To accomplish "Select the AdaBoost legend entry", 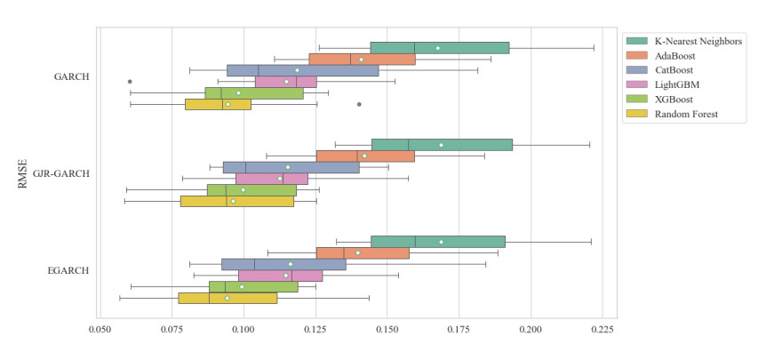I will (674, 55).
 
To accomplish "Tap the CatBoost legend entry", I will (674, 70).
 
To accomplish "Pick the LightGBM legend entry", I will (676, 84).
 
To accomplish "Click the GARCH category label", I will (71, 76).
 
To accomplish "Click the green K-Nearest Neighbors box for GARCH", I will (439, 48).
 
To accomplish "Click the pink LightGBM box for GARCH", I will (285, 82).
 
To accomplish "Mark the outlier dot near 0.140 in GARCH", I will (359, 104).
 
